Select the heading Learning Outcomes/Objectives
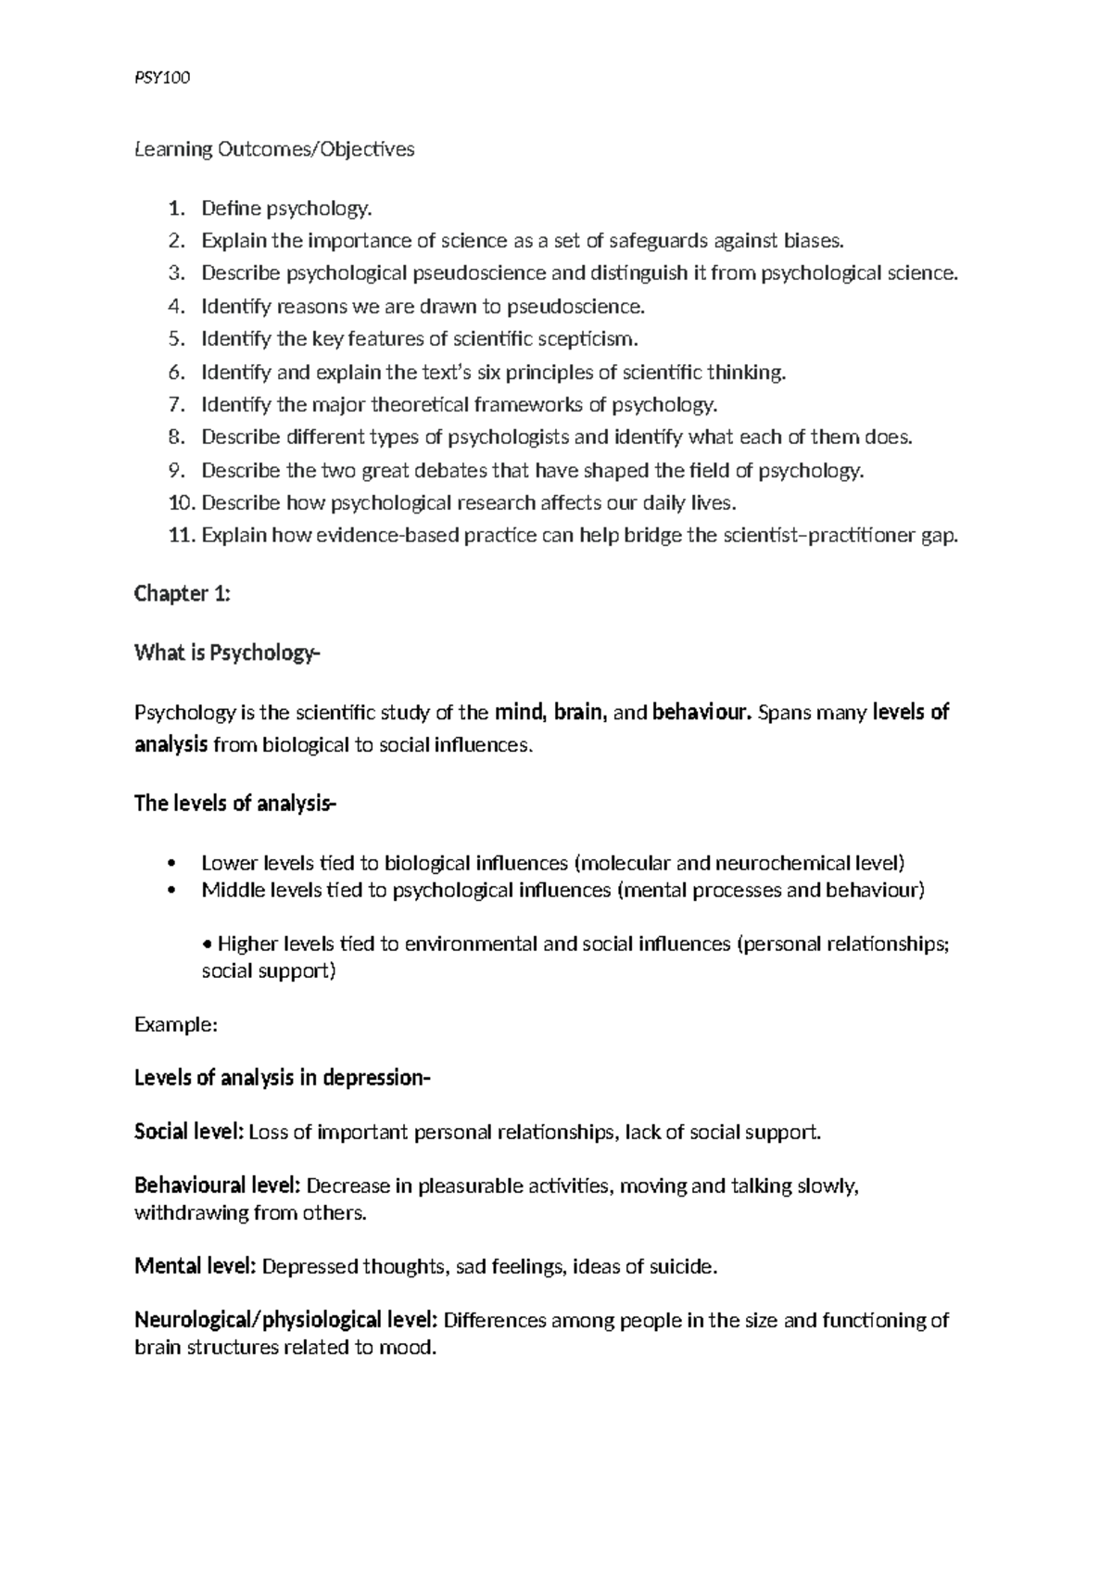(x=274, y=149)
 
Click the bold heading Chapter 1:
(x=182, y=593)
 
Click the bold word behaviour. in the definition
(x=701, y=713)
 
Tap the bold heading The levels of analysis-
(x=235, y=804)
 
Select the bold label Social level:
(x=189, y=1132)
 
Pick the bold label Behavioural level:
(x=217, y=1185)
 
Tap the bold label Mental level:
(x=195, y=1266)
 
